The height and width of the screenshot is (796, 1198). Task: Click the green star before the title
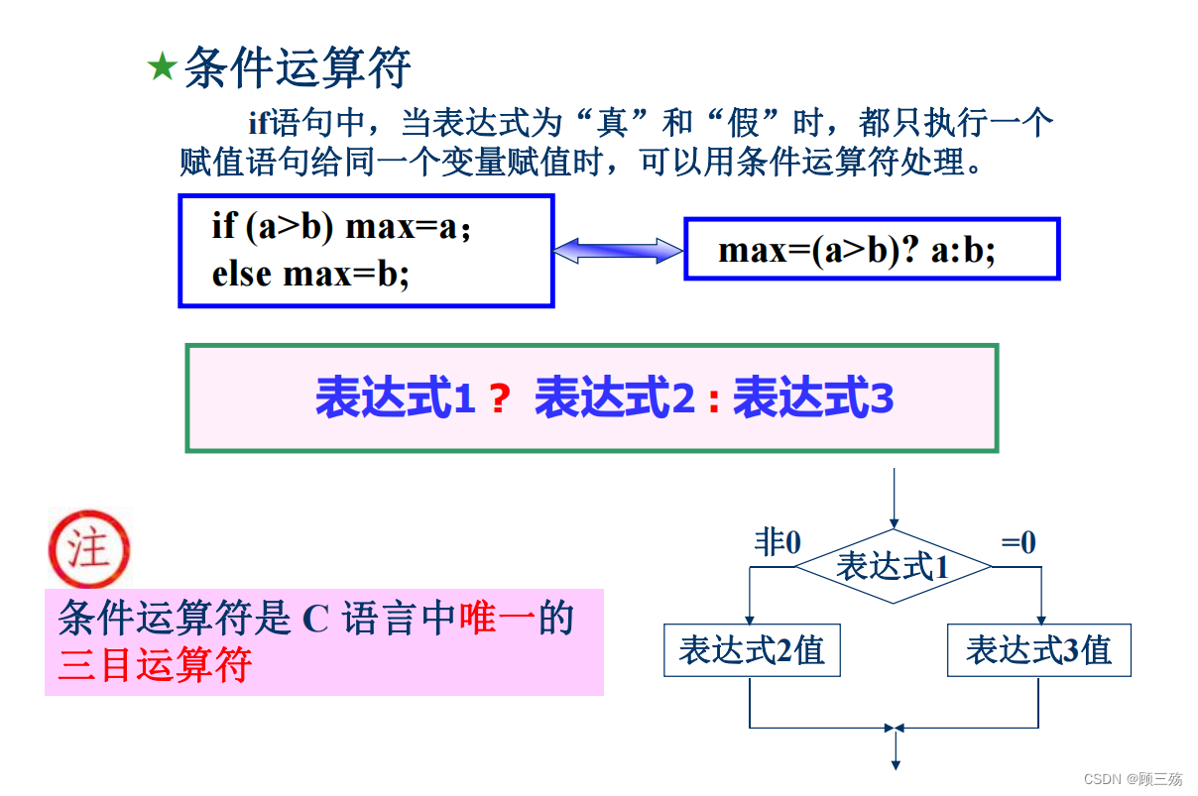(x=161, y=68)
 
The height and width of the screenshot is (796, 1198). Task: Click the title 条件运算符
(x=298, y=67)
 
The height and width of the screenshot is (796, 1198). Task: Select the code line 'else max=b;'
(x=310, y=273)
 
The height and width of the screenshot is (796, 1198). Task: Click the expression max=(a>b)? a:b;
(x=857, y=250)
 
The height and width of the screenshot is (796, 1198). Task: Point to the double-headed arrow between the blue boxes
(x=618, y=251)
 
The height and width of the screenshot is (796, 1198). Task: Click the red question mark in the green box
(x=500, y=399)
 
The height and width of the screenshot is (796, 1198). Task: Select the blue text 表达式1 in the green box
(x=396, y=398)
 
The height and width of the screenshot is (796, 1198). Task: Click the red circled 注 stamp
(x=88, y=548)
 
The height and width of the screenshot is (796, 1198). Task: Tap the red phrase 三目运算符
(x=155, y=664)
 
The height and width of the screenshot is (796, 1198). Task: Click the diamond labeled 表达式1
(x=893, y=566)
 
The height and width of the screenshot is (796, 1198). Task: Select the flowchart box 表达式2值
(x=752, y=650)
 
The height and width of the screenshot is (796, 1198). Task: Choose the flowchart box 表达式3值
(x=1038, y=650)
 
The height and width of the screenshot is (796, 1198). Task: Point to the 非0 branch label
(x=778, y=542)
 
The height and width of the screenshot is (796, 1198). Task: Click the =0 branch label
(x=1018, y=542)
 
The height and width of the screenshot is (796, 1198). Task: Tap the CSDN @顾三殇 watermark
(x=1133, y=779)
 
